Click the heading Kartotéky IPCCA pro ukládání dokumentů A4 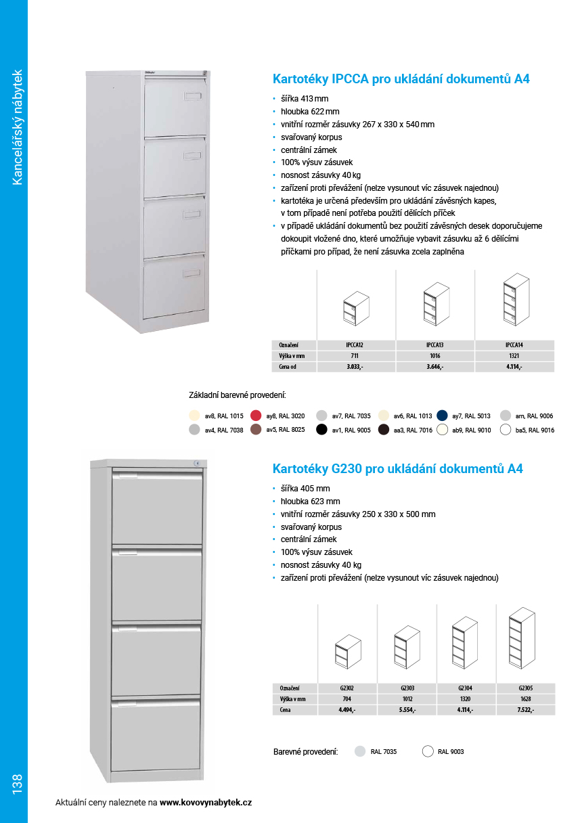click(401, 79)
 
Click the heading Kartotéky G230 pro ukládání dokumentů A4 click(397, 468)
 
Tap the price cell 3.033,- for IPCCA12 click(356, 367)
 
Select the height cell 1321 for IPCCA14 click(514, 356)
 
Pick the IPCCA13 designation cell click(435, 345)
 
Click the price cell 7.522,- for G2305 click(526, 710)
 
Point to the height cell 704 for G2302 click(346, 699)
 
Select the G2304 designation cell click(465, 688)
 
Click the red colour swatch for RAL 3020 click(256, 416)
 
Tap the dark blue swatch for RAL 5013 click(443, 416)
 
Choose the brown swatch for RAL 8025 click(256, 430)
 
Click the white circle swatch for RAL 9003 click(428, 751)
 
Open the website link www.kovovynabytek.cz click(206, 803)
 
